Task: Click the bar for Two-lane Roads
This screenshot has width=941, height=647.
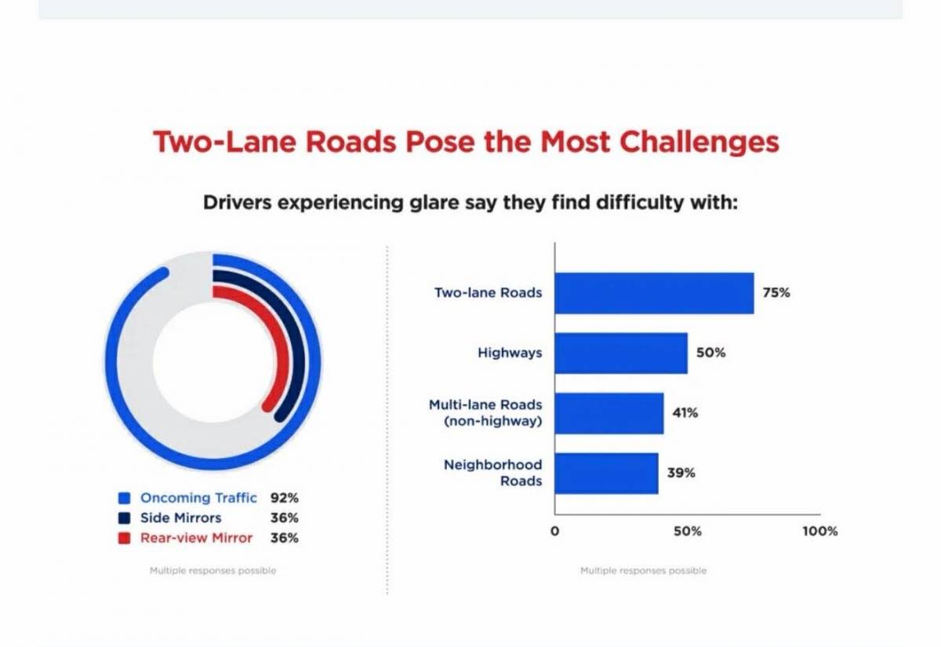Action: (x=654, y=293)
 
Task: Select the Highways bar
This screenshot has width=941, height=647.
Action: (x=621, y=353)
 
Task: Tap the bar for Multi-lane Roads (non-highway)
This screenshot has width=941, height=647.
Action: (x=609, y=413)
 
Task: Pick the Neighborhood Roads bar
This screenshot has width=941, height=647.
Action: (x=606, y=473)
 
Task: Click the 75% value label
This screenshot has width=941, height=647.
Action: (x=776, y=293)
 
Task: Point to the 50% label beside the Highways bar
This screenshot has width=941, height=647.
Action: (x=711, y=353)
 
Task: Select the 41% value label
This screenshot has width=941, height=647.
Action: (x=685, y=413)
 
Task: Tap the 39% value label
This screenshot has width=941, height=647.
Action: (x=681, y=473)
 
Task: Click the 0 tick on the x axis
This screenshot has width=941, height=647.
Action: (x=554, y=531)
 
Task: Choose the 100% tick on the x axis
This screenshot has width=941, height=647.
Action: (x=819, y=531)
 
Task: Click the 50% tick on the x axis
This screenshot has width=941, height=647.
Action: (x=687, y=531)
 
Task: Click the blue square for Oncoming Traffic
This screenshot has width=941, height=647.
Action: (x=123, y=498)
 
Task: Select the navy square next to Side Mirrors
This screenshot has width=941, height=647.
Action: (x=123, y=518)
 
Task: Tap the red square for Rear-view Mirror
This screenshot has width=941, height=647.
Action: (x=123, y=539)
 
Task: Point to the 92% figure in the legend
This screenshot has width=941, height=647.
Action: (x=285, y=498)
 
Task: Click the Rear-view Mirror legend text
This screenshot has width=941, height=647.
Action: (x=196, y=538)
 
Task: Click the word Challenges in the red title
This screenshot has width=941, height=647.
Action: (x=699, y=142)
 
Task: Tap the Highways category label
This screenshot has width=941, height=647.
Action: (x=510, y=353)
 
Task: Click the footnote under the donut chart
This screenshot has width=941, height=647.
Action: (x=213, y=571)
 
